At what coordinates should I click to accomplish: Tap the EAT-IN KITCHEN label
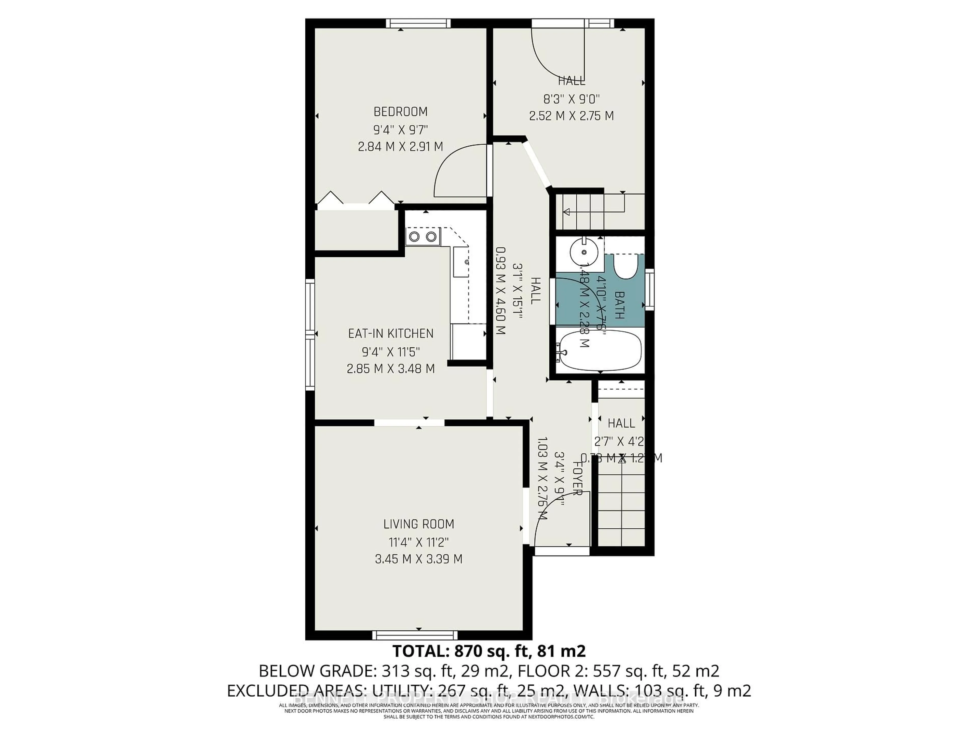[391, 334]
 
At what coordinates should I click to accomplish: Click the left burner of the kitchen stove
[414, 237]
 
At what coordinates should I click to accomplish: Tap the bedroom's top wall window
[418, 23]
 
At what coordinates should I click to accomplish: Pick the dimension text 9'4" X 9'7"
[401, 130]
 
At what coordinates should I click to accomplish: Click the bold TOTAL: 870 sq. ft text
[488, 651]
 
